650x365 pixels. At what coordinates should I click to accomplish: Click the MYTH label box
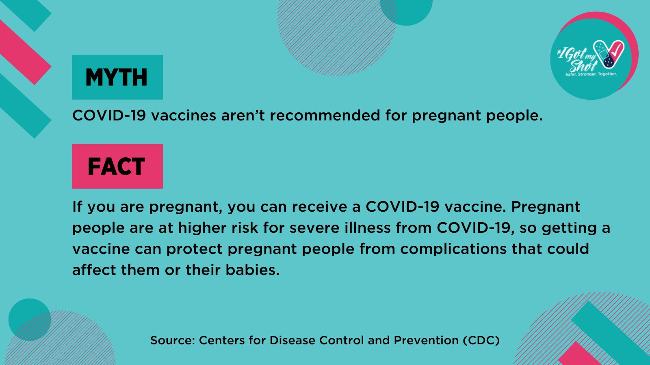[x=117, y=77]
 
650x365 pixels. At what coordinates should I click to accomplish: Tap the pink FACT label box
[x=117, y=166]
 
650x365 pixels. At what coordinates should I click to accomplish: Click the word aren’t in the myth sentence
[x=243, y=115]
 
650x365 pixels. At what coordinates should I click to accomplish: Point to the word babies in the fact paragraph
[x=252, y=270]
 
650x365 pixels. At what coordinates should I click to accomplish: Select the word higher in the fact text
[x=203, y=228]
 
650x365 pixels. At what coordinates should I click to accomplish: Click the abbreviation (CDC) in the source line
[x=481, y=340]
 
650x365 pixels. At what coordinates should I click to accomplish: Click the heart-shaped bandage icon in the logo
[x=609, y=54]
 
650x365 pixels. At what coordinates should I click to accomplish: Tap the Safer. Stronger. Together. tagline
[x=591, y=74]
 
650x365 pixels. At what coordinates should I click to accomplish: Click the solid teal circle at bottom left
[x=30, y=320]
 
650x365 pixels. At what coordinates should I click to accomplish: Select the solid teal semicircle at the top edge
[x=406, y=12]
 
